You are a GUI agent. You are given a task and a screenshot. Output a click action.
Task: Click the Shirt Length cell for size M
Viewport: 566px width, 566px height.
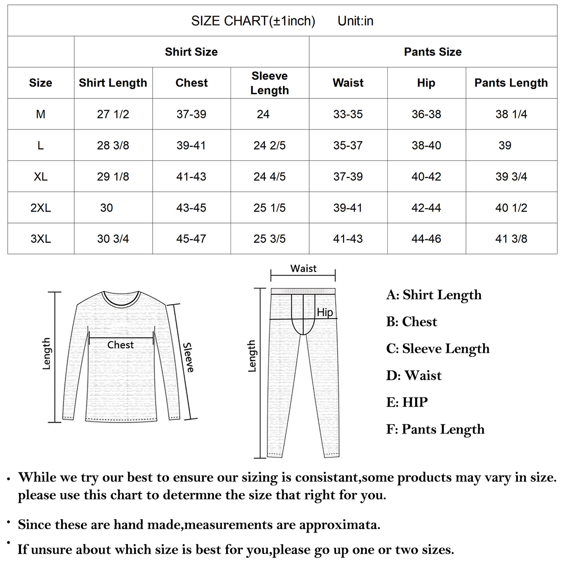click(x=113, y=114)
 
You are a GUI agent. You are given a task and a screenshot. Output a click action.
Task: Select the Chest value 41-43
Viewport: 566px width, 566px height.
click(x=191, y=177)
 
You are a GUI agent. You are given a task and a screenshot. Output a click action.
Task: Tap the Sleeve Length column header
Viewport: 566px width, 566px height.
click(x=270, y=83)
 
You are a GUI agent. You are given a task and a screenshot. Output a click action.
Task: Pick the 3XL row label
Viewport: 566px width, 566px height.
click(x=41, y=239)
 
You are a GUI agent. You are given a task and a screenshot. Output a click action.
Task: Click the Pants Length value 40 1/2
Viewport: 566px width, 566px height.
click(x=511, y=208)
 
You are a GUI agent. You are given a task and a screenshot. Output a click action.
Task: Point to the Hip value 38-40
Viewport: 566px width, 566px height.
click(x=426, y=145)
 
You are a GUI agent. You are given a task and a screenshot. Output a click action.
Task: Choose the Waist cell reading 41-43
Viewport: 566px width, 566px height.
click(x=348, y=239)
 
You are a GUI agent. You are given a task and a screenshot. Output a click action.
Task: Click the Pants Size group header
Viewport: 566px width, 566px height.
click(x=432, y=52)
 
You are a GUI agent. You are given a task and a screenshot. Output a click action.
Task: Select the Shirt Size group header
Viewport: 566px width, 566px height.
click(x=191, y=52)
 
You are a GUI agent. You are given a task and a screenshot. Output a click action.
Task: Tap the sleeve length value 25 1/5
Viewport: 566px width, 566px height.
click(x=269, y=208)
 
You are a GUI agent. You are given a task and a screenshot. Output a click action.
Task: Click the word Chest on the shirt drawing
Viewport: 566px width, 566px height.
click(x=120, y=345)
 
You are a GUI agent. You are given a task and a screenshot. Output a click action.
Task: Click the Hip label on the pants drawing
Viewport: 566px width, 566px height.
click(x=325, y=312)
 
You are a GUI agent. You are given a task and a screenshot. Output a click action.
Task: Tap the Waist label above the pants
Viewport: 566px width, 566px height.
click(x=303, y=268)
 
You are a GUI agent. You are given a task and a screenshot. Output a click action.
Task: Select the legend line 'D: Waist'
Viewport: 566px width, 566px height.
click(x=414, y=375)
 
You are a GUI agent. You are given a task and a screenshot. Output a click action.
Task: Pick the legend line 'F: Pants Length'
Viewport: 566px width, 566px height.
click(x=435, y=429)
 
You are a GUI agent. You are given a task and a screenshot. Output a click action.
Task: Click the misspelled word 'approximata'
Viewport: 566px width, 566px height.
click(x=339, y=525)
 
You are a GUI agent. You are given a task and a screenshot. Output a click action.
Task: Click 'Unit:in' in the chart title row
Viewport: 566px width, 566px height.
click(x=355, y=21)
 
